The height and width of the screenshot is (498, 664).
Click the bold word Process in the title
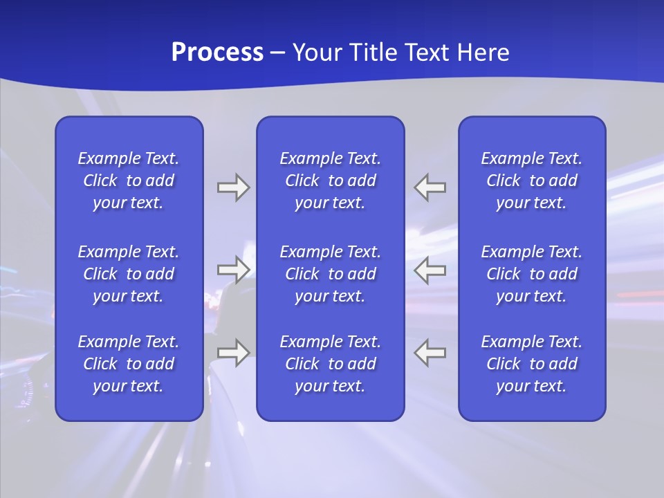(217, 53)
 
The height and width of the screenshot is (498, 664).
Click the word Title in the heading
(371, 53)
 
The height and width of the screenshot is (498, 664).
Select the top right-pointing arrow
(233, 187)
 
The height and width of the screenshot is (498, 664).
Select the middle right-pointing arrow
(233, 269)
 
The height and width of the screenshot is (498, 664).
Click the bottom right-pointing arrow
(233, 352)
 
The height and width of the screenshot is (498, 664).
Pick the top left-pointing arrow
(430, 187)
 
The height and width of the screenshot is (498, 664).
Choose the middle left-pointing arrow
(430, 269)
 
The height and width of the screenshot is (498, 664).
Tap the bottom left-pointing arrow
(430, 352)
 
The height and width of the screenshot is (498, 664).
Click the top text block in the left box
(129, 181)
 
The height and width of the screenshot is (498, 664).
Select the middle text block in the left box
(129, 274)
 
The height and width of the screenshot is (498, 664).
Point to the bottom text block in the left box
(129, 364)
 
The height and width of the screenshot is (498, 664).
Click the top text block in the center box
(331, 181)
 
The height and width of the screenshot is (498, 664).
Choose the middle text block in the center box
(331, 274)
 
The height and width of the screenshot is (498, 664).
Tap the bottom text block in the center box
(331, 364)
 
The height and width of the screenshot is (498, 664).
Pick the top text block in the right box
(532, 181)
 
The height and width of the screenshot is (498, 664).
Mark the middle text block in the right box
(532, 274)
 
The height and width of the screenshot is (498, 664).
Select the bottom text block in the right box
(532, 364)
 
